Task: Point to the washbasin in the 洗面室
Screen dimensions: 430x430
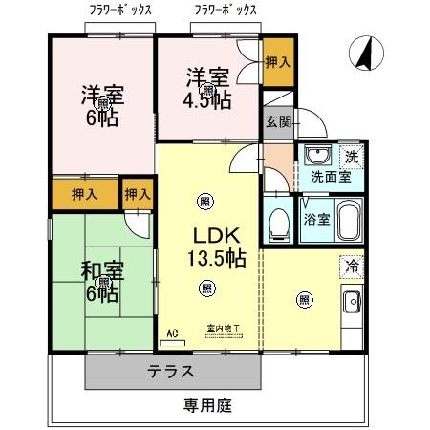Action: [x=314, y=157]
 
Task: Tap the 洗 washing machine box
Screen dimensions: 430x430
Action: [x=351, y=156]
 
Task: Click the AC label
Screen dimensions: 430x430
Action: [x=172, y=333]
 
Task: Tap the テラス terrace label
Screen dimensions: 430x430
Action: [x=171, y=371]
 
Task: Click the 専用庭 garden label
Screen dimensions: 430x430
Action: [x=207, y=405]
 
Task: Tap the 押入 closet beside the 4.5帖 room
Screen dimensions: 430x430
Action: [x=276, y=62]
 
